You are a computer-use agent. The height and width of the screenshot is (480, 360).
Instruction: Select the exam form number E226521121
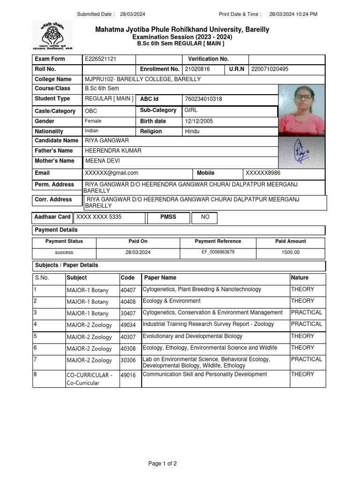(100, 59)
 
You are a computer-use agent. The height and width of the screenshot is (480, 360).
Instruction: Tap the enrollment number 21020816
(197, 69)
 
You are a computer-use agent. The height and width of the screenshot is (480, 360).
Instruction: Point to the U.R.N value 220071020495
(270, 69)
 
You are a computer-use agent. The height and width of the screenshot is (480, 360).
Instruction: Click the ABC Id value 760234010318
(203, 99)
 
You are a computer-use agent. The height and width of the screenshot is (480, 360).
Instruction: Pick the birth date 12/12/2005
(199, 121)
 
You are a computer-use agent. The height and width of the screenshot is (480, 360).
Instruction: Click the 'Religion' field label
(151, 132)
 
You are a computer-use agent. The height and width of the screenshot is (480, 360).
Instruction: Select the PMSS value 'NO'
(205, 217)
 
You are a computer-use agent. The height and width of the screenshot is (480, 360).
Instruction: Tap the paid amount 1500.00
(291, 253)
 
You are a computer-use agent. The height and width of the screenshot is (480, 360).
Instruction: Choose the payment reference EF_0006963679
(218, 252)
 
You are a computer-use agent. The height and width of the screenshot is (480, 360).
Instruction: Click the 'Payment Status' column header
(64, 241)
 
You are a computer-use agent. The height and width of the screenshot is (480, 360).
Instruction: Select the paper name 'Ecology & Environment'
(172, 301)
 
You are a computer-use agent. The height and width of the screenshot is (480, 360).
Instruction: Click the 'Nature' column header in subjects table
(300, 278)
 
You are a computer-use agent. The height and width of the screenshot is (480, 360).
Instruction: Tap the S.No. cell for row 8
(35, 374)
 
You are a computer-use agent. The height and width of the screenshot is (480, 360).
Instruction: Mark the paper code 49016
(128, 375)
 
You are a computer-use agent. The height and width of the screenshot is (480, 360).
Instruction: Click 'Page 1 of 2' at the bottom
(163, 464)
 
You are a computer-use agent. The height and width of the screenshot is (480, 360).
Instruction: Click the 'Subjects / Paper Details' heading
(66, 265)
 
